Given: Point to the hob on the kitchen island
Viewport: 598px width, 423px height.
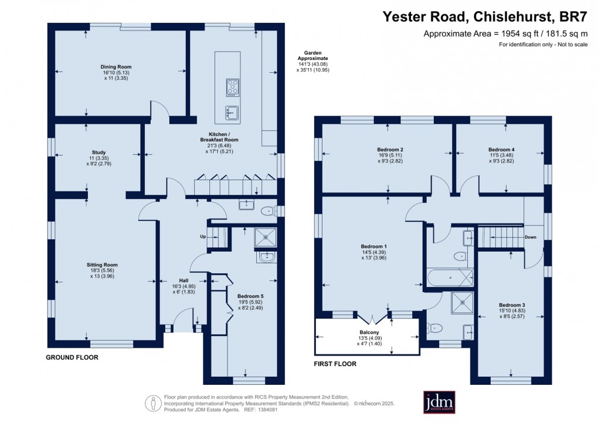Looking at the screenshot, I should point(232,87).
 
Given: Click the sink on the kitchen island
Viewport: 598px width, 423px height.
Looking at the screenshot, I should point(232,111).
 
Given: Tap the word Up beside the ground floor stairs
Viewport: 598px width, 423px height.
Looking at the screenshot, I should point(203,236).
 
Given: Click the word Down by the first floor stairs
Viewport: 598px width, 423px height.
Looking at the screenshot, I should point(529,238).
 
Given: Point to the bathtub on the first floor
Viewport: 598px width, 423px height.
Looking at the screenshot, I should point(450,278).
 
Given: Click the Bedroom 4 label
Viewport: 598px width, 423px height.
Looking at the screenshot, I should point(501,150).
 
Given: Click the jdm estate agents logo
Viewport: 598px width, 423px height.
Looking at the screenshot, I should point(439,402).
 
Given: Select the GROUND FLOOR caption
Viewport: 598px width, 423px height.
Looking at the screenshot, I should point(72,357).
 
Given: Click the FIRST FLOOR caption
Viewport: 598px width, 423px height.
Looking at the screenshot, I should point(335,364).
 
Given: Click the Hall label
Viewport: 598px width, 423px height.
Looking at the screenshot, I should point(183,280).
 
